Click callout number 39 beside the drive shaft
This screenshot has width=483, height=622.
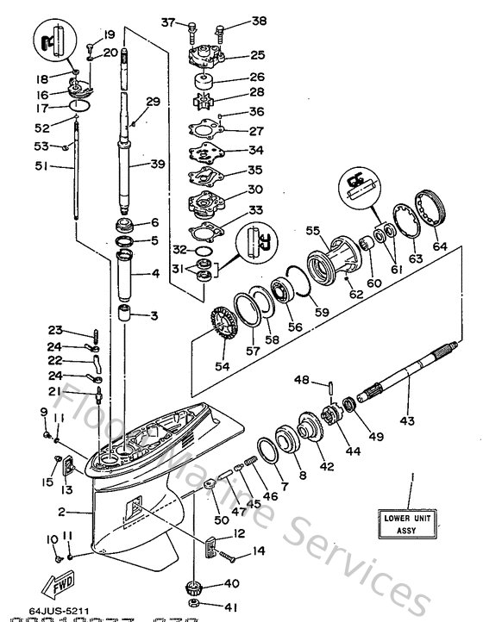(x=157, y=165)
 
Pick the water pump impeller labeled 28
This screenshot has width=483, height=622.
(x=205, y=96)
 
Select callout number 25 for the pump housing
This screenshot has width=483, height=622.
(x=257, y=55)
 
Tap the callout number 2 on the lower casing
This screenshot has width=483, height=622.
(x=62, y=512)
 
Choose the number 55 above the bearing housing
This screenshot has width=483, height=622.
(x=312, y=231)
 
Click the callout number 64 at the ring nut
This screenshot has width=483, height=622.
(x=441, y=247)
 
